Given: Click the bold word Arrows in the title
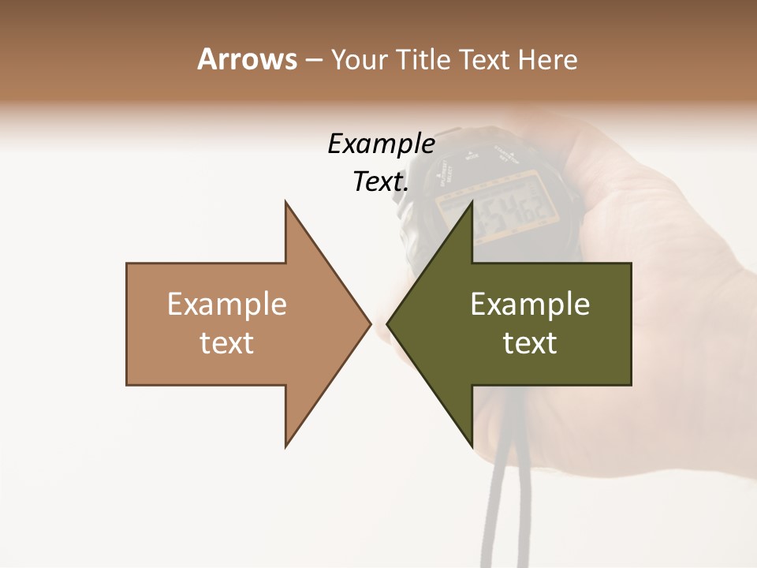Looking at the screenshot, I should tap(247, 59).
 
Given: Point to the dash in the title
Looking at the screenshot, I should tap(313, 61).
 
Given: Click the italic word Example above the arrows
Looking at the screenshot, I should tap(381, 144).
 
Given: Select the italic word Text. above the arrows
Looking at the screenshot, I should tap(381, 182).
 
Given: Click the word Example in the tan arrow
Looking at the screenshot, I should tap(226, 305).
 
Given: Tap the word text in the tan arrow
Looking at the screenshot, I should tap(226, 343).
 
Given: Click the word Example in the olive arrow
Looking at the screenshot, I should tap(530, 305).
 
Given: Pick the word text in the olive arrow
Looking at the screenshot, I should tap(530, 343).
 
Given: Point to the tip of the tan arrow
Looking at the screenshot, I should tap(369, 323).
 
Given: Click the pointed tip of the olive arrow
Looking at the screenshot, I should tap(388, 323).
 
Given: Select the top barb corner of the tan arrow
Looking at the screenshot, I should tap(285, 202).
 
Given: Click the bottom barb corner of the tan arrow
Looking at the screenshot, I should tap(285, 447).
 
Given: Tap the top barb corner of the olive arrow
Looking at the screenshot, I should tap(472, 202).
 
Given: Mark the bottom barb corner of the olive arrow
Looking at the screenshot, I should tap(472, 447).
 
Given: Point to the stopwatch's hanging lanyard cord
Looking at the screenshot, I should tap(498, 505).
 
